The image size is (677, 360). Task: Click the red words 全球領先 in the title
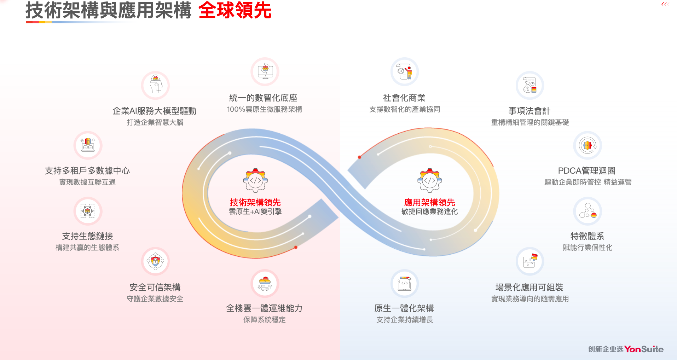point(235,11)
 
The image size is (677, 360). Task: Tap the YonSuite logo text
point(644,349)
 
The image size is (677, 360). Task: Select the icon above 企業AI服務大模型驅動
point(155,85)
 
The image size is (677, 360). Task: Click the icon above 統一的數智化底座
point(265,71)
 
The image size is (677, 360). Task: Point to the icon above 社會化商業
point(405,71)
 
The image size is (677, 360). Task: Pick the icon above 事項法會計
point(530,85)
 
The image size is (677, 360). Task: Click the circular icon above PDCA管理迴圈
point(588,145)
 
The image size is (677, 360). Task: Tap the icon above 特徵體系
point(588,211)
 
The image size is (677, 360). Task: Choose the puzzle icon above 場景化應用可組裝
point(530,261)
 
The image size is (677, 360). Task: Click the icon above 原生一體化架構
point(405,283)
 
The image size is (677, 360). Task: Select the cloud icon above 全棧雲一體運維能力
point(265,283)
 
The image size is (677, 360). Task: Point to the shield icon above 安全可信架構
point(155,261)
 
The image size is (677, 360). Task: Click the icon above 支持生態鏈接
point(88,211)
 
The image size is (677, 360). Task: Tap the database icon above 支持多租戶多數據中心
point(88,145)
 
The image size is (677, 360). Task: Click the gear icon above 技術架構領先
point(255,180)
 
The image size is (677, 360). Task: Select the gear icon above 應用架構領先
point(429,180)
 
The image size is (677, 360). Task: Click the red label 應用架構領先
point(429,202)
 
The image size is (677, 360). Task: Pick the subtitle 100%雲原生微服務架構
point(265,109)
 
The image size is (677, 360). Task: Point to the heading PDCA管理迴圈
point(586,171)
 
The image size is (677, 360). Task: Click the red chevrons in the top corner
point(665,4)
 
